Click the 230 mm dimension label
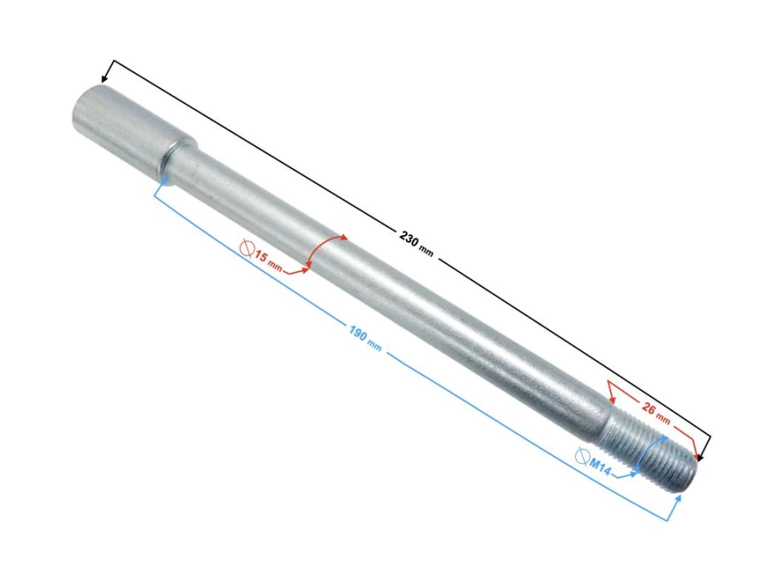(x=416, y=243)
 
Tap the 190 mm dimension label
(x=365, y=337)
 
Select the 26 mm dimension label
(x=656, y=412)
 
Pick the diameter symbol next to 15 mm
(x=247, y=247)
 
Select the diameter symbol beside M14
(x=582, y=456)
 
